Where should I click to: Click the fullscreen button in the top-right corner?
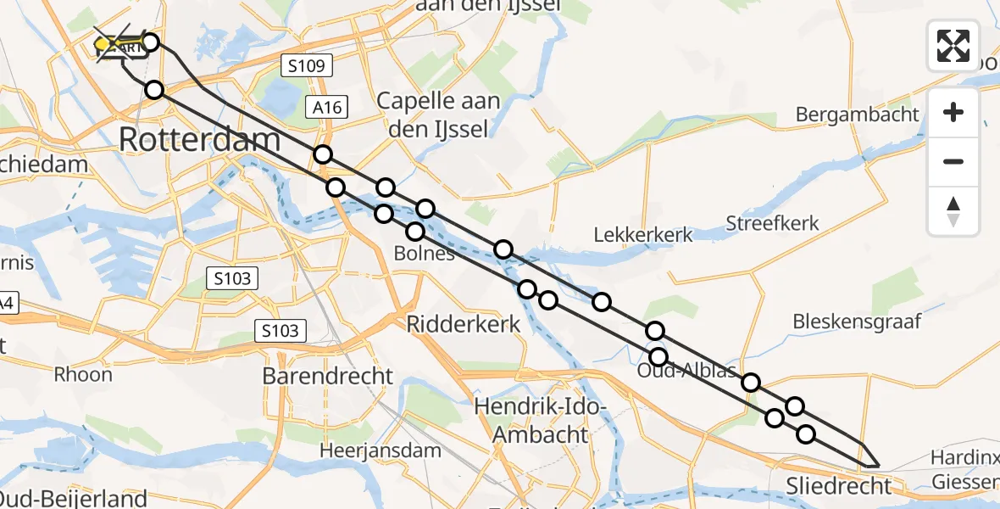pyautogui.click(x=953, y=46)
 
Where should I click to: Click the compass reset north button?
pyautogui.click(x=953, y=210)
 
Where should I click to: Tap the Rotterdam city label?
pyautogui.click(x=200, y=139)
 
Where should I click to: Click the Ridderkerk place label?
pyautogui.click(x=464, y=323)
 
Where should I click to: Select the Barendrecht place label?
pyautogui.click(x=328, y=376)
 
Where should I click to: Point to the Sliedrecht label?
pyautogui.click(x=840, y=486)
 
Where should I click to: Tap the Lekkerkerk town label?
pyautogui.click(x=643, y=235)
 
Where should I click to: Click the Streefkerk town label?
pyautogui.click(x=773, y=224)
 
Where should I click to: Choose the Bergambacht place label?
pyautogui.click(x=858, y=114)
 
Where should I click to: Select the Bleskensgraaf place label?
pyautogui.click(x=856, y=322)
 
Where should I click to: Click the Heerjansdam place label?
pyautogui.click(x=381, y=450)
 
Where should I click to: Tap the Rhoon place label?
pyautogui.click(x=82, y=374)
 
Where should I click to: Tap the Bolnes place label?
pyautogui.click(x=425, y=253)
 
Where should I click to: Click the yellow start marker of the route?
pyautogui.click(x=103, y=44)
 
